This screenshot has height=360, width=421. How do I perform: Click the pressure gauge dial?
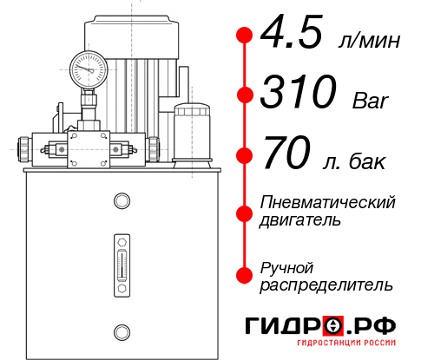88,67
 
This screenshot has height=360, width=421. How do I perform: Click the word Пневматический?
328,203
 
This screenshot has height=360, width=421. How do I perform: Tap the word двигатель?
299,220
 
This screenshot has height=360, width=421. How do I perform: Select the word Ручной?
286,267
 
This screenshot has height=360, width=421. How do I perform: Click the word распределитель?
326,285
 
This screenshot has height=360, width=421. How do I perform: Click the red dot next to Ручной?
245,274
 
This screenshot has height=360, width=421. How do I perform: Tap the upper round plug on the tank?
122,201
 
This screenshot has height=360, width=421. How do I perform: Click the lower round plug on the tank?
122,331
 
